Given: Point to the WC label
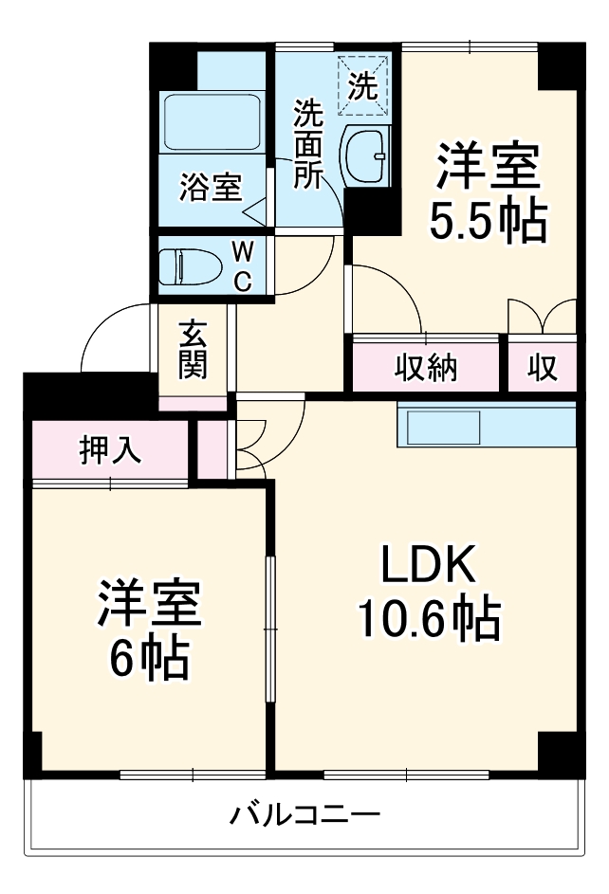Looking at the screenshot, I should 243,265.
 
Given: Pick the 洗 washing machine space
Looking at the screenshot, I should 364,86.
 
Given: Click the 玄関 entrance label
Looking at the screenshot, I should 193,350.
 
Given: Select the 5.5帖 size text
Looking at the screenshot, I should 488,221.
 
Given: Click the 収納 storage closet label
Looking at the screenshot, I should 426,367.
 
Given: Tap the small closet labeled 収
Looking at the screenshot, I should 542,367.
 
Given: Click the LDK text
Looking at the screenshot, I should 427,566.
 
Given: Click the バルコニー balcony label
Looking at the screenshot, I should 304,814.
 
